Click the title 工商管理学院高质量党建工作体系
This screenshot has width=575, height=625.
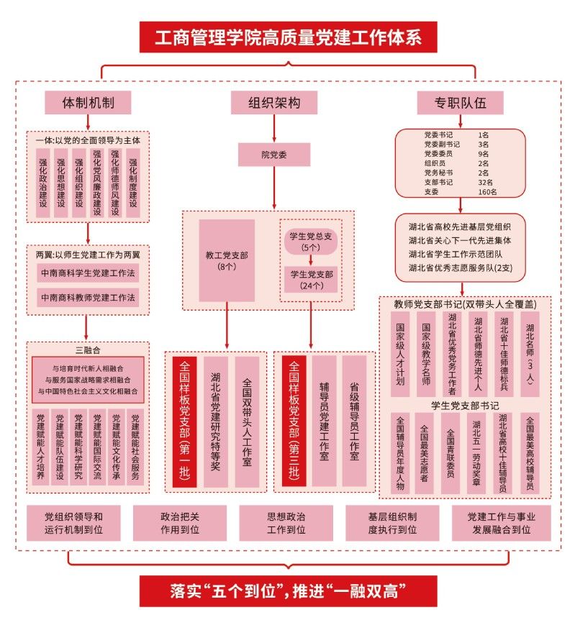(x=288, y=37)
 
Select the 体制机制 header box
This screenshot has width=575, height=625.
(x=88, y=103)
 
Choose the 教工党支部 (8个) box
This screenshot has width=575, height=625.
(x=227, y=260)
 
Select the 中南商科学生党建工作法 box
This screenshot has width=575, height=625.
(x=88, y=273)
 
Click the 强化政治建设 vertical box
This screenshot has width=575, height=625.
(x=43, y=183)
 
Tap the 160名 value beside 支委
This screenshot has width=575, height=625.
(x=487, y=192)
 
